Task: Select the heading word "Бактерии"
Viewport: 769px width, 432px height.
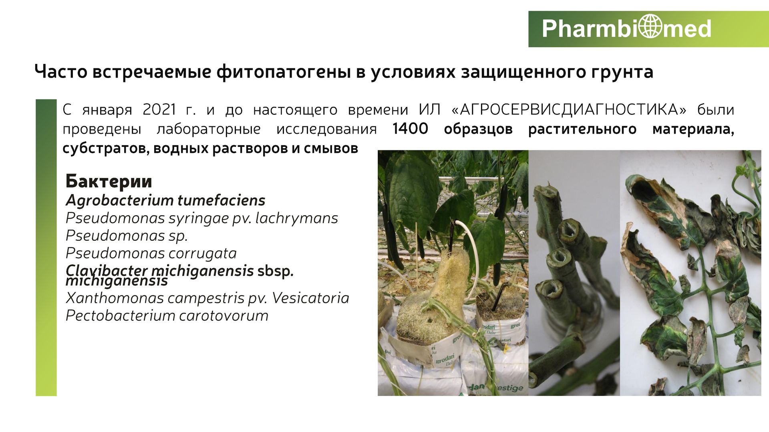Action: (109, 181)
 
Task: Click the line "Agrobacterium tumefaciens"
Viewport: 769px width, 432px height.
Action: (165, 200)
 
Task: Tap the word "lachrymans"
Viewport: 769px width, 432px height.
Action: (297, 218)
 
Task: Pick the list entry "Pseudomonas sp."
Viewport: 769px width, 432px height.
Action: (127, 236)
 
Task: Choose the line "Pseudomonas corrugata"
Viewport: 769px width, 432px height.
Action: (151, 253)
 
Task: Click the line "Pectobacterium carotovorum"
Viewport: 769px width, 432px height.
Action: (167, 316)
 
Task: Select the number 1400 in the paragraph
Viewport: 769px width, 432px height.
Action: (411, 129)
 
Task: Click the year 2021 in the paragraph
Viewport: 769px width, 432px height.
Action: (159, 109)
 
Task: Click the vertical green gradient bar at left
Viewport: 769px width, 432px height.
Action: (46, 248)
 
